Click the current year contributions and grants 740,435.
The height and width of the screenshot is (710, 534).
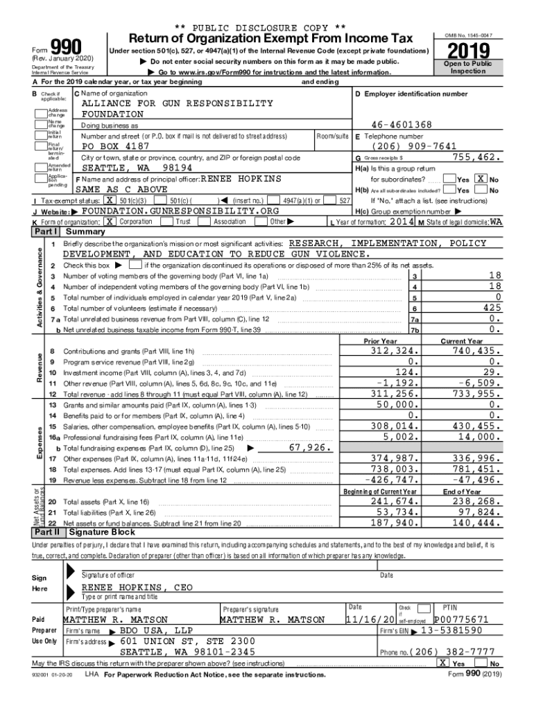(x=474, y=351)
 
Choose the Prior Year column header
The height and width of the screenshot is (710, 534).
(x=380, y=341)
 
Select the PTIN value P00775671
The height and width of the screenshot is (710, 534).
(x=461, y=619)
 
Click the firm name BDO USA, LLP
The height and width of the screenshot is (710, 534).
(x=157, y=631)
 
